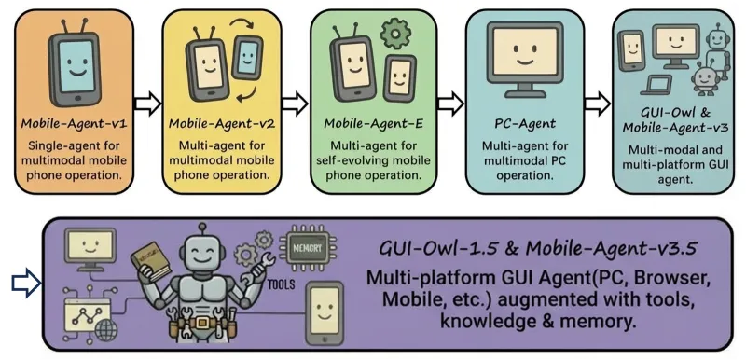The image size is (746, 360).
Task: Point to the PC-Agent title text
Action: (x=523, y=122)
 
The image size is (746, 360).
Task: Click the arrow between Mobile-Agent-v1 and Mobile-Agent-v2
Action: (x=146, y=102)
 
